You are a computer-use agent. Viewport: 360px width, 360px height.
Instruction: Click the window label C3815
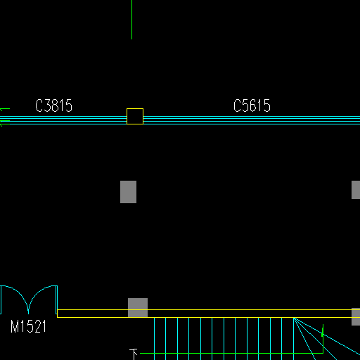pyautogui.click(x=53, y=105)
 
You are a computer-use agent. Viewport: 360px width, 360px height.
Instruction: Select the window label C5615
pyautogui.click(x=252, y=105)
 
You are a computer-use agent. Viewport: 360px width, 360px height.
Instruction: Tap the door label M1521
pyautogui.click(x=28, y=326)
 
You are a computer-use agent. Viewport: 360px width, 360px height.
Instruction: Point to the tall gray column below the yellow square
pyautogui.click(x=128, y=192)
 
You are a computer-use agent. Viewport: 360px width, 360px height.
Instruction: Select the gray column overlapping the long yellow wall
pyautogui.click(x=138, y=308)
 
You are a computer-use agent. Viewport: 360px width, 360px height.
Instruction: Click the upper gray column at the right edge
pyautogui.click(x=356, y=190)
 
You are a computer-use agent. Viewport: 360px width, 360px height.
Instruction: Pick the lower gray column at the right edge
pyautogui.click(x=356, y=316)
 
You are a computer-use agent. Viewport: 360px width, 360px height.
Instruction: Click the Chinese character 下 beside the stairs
pyautogui.click(x=134, y=354)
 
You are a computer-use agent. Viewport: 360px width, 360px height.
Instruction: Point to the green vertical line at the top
pyautogui.click(x=131, y=20)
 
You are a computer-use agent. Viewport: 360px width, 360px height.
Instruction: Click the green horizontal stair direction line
pyautogui.click(x=231, y=353)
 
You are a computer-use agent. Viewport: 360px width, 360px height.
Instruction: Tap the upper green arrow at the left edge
pyautogui.click(x=5, y=109)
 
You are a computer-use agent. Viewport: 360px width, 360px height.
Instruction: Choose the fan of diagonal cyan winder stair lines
pyautogui.click(x=326, y=339)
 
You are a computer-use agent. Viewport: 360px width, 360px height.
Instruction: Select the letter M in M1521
pyautogui.click(x=15, y=326)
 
